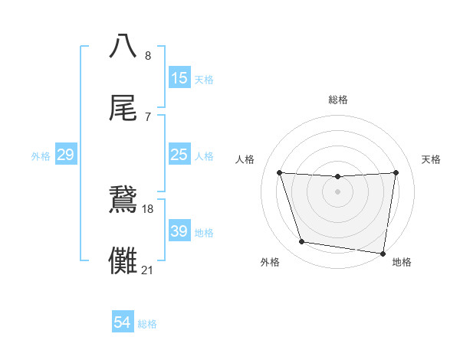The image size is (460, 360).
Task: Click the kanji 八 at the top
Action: (x=124, y=46)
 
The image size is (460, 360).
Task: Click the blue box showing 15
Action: (x=179, y=77)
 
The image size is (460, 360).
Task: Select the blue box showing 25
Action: (x=179, y=155)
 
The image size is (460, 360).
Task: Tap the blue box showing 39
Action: (x=179, y=231)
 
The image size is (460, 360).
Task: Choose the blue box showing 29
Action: (x=65, y=155)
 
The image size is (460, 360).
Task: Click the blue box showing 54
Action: (x=123, y=322)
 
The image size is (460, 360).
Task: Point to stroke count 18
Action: (x=148, y=209)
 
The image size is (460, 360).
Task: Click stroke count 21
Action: (x=148, y=270)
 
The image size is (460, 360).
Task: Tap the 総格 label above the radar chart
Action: (x=338, y=100)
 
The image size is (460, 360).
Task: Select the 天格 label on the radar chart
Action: (x=432, y=159)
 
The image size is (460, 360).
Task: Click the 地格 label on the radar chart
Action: (x=402, y=262)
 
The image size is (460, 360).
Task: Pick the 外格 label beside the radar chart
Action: (x=270, y=262)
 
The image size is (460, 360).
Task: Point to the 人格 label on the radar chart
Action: (x=245, y=159)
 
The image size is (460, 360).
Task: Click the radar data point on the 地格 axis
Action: (x=383, y=253)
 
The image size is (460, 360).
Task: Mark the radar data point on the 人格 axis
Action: (x=279, y=172)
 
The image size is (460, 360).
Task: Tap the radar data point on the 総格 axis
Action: (x=338, y=177)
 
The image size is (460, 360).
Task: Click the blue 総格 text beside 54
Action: (x=147, y=323)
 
